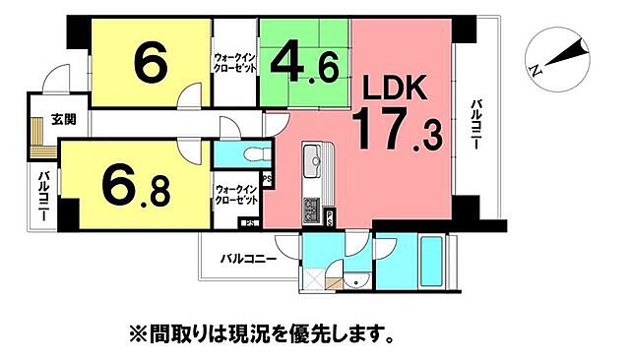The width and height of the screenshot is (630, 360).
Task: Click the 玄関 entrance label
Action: pos(64,121)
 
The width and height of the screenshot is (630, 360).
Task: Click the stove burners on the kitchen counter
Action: pos(311,210)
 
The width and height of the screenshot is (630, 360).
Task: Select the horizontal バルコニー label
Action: pos(247,259)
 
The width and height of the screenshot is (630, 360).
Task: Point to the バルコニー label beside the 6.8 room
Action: pos(44,194)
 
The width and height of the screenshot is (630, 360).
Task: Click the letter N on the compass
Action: pos(535,69)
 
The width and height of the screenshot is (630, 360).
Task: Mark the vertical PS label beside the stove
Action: pos(268,179)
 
